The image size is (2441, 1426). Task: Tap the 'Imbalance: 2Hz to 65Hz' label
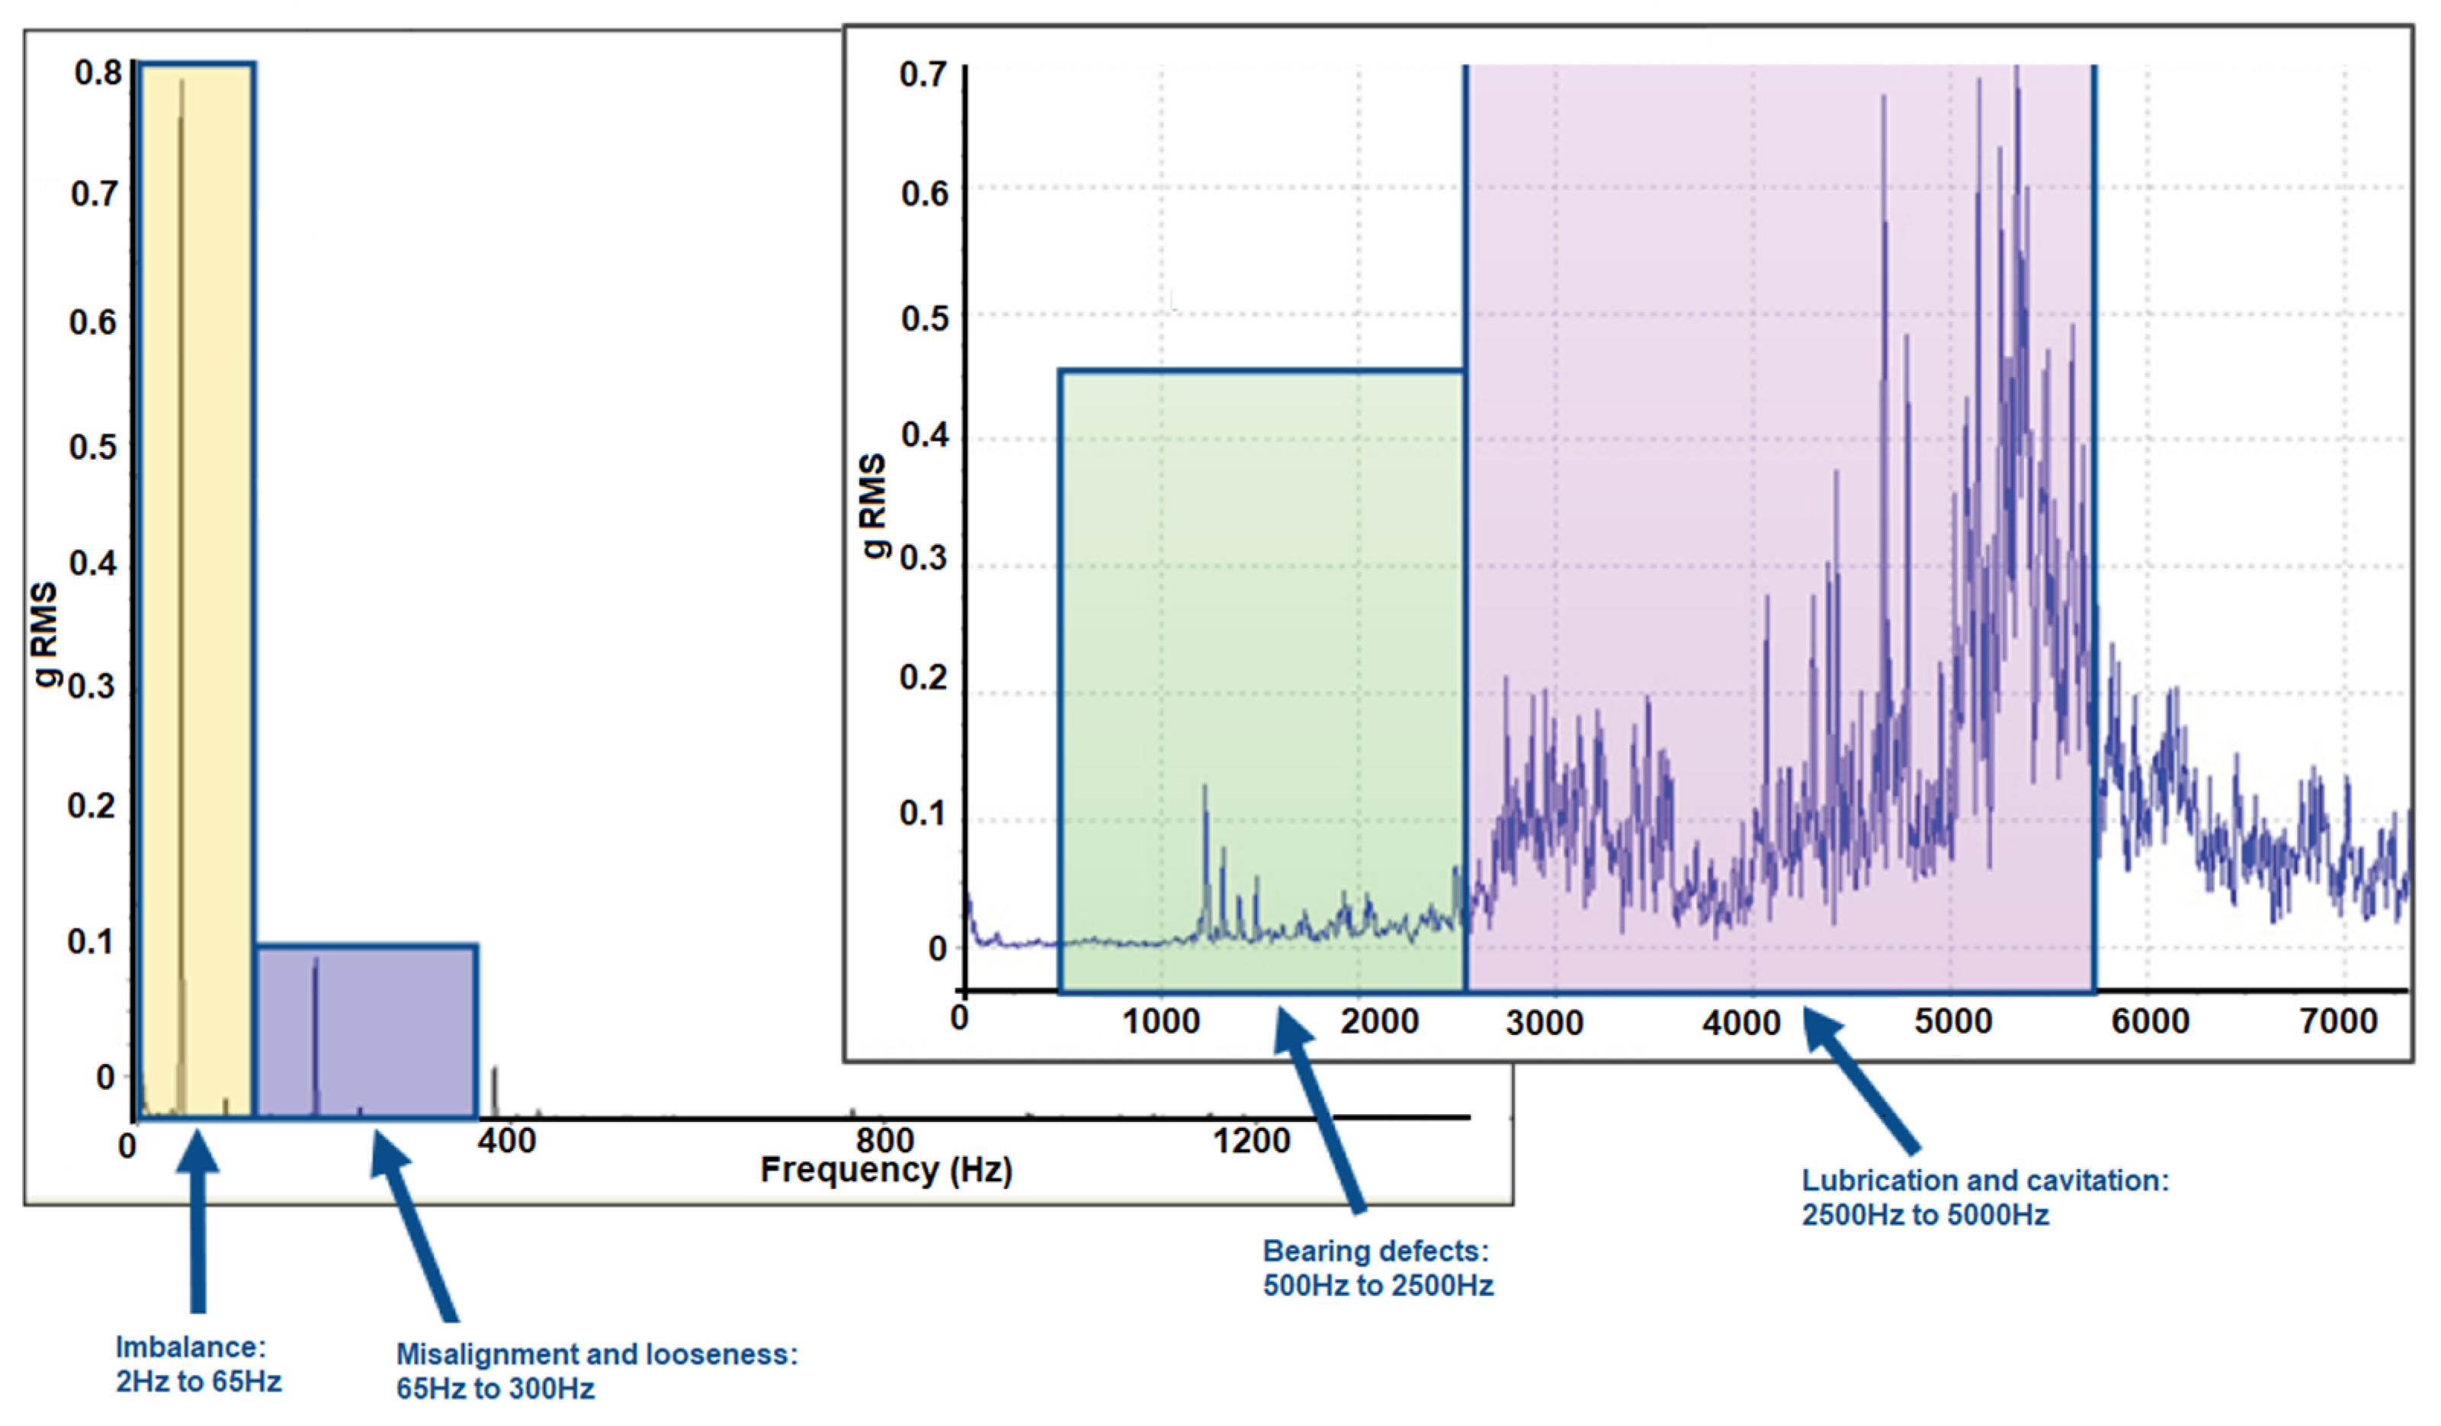click(197, 1364)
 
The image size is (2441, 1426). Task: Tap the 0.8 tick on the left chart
click(98, 72)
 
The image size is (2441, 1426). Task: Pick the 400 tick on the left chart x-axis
click(507, 1141)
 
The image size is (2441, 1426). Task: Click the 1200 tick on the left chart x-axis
click(1250, 1141)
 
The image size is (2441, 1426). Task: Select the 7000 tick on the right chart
click(2338, 1021)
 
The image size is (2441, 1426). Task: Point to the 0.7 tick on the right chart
click(922, 75)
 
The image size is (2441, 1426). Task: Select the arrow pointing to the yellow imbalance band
click(198, 1221)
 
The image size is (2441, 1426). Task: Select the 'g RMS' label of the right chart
click(873, 505)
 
